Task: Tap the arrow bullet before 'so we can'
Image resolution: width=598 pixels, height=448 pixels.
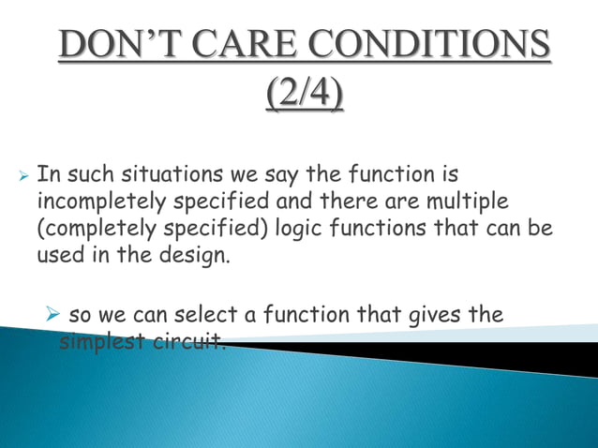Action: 56,315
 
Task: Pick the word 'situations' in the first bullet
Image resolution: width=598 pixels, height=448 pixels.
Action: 148,174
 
